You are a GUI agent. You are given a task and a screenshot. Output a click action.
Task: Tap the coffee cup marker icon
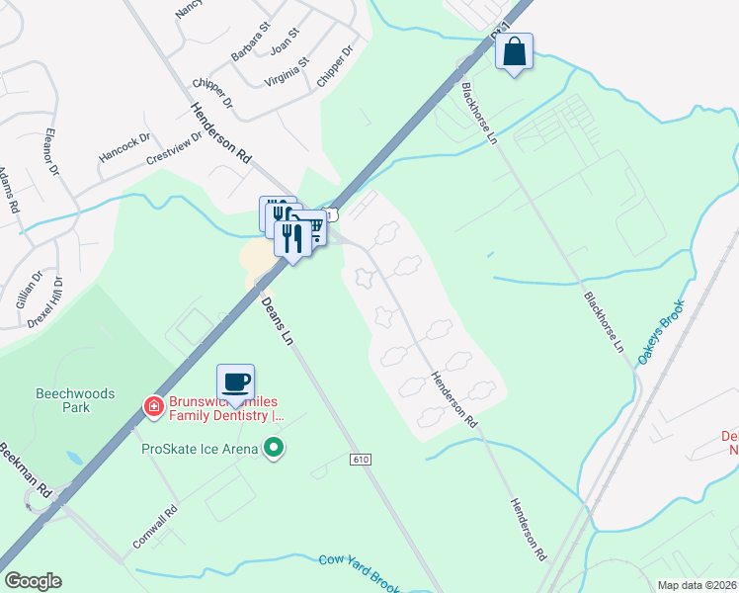pyautogui.click(x=236, y=381)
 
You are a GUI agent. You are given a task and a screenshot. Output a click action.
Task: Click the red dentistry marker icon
pyautogui.click(x=153, y=406)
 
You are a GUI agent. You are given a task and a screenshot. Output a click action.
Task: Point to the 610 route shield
pyautogui.click(x=361, y=461)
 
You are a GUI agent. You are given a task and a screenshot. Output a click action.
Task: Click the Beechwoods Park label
pyautogui.click(x=75, y=400)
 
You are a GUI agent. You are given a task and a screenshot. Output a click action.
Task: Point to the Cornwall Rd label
pyautogui.click(x=156, y=529)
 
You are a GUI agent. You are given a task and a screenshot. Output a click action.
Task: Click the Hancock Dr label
pyautogui.click(x=124, y=149)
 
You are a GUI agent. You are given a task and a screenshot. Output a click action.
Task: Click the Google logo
pyautogui.click(x=33, y=581)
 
